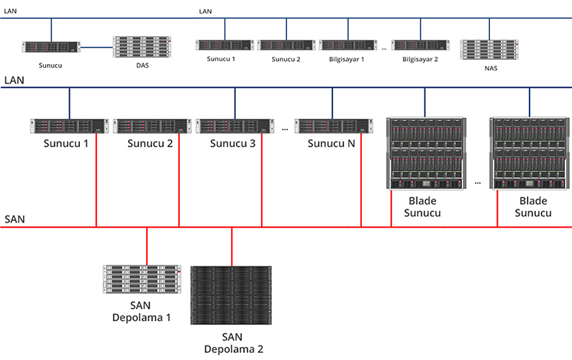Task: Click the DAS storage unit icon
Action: pyautogui.click(x=133, y=47)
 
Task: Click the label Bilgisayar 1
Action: pyautogui.click(x=342, y=59)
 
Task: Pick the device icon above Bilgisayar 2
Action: pyautogui.click(x=419, y=45)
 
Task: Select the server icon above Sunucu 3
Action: pyautogui.click(x=234, y=126)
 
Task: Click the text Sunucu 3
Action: pyautogui.click(x=233, y=143)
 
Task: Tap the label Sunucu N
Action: pyautogui.click(x=331, y=143)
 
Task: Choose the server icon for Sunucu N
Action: pyautogui.click(x=332, y=126)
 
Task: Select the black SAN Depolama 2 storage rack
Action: pyautogui.click(x=232, y=295)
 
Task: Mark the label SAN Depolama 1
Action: pyautogui.click(x=140, y=311)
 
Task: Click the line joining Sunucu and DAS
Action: pyautogui.click(x=96, y=48)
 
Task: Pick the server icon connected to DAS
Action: pyautogui.click(x=50, y=48)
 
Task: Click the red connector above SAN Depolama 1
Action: pyautogui.click(x=147, y=246)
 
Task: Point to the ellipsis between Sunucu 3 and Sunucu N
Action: pyautogui.click(x=285, y=130)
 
